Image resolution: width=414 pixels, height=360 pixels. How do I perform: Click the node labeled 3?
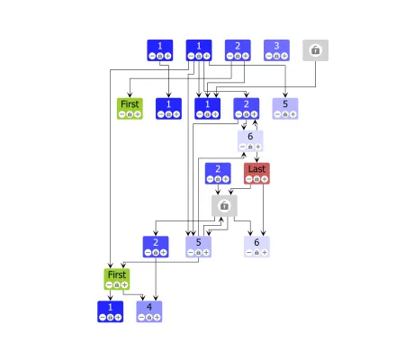277,50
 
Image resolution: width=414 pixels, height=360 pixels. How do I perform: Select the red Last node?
256,173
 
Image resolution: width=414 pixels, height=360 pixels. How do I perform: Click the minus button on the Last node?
248,179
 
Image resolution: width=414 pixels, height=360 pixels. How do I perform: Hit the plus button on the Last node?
265,179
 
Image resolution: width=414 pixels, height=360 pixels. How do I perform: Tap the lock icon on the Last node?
256,179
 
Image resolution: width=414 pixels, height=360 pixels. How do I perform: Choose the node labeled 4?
149,311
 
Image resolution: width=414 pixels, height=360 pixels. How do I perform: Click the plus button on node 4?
157,318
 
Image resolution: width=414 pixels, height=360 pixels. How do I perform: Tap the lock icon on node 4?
149,318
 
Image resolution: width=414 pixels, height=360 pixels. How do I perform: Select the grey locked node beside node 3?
316,50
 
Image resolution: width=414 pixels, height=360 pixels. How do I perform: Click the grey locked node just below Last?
224,206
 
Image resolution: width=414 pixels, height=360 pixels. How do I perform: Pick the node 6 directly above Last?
250,140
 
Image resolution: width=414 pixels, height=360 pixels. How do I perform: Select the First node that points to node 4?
117,278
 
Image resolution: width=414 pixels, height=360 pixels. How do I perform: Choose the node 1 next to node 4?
111,311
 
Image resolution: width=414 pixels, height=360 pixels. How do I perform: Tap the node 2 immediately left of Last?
217,173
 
